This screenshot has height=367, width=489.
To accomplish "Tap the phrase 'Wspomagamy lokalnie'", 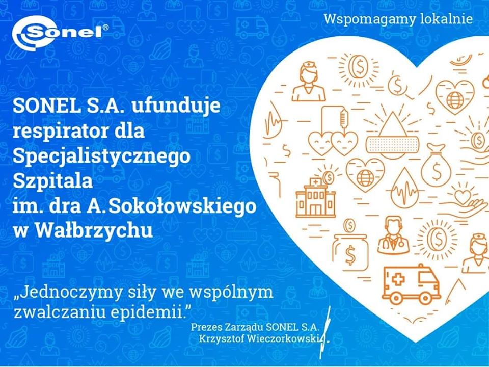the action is click(x=398, y=19).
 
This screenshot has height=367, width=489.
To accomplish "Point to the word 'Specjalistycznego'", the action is click(x=101, y=156).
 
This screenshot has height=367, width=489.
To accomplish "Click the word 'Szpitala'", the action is click(x=52, y=180).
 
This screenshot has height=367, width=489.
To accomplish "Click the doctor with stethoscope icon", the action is click(x=394, y=235).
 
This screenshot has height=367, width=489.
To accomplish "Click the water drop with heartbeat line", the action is click(x=405, y=187).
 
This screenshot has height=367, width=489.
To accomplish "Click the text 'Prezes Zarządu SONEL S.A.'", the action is click(x=255, y=327).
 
